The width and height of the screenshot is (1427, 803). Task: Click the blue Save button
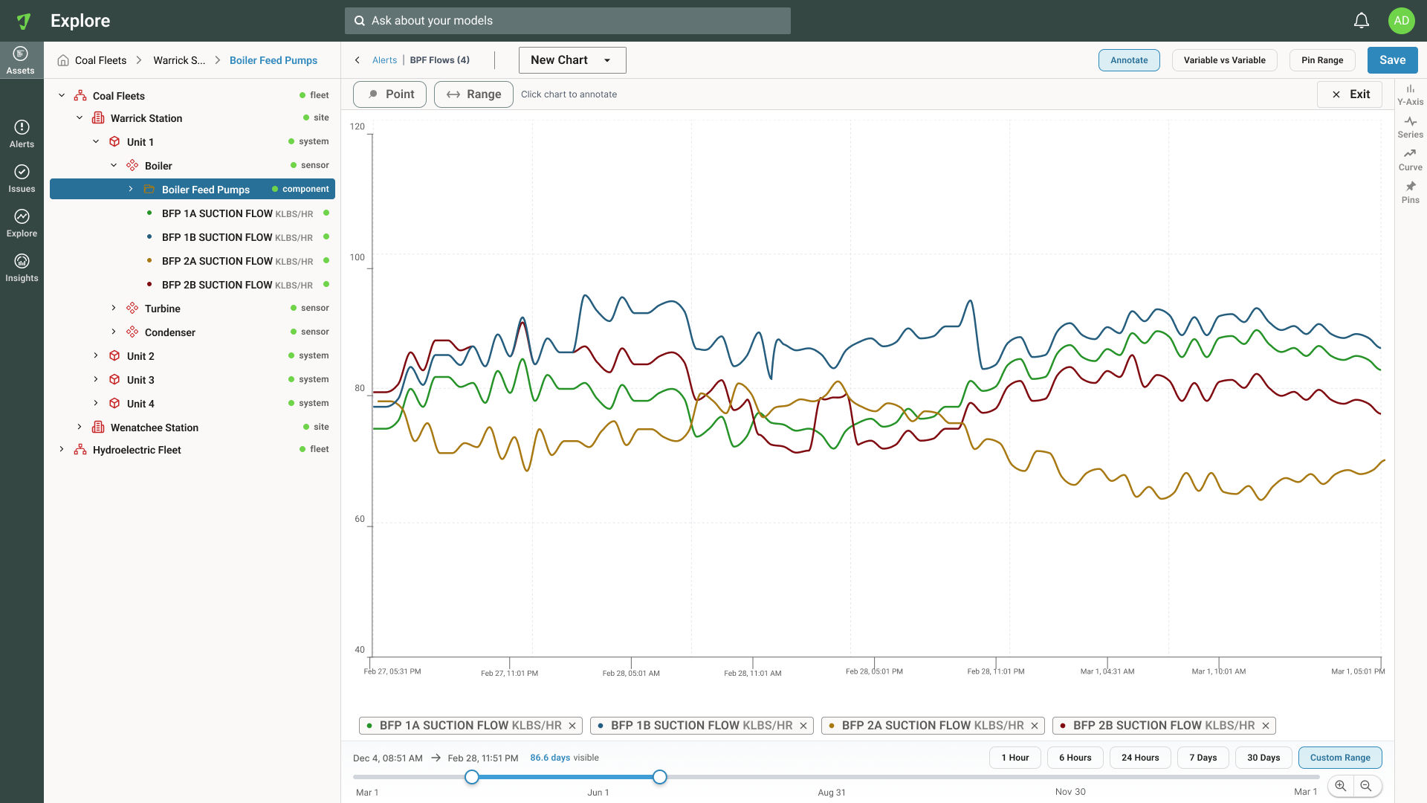coord(1392,60)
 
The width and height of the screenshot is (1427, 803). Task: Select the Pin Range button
coord(1322,60)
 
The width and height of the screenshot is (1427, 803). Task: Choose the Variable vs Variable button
coord(1224,60)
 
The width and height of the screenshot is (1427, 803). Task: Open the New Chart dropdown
coord(572,60)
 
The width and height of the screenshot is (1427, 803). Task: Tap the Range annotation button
coord(473,94)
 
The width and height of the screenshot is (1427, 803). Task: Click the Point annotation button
coord(389,94)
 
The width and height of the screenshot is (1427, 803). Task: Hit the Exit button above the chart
coord(1350,94)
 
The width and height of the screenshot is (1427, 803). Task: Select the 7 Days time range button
coord(1203,758)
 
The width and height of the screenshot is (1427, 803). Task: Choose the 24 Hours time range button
coord(1140,758)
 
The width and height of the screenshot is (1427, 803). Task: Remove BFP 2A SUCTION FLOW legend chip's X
coord(1035,726)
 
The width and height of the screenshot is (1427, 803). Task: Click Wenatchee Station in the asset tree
coord(155,428)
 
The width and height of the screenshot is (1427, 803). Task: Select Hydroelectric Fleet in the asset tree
coord(137,450)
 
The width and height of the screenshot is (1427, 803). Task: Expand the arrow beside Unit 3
coord(96,379)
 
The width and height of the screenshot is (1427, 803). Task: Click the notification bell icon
coord(1362,21)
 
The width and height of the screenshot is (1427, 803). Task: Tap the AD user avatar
coord(1402,21)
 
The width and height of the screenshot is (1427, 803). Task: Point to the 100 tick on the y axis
coord(357,257)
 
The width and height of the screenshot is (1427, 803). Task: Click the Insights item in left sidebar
coord(22,268)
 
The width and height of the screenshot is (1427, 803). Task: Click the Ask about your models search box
coord(568,21)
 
